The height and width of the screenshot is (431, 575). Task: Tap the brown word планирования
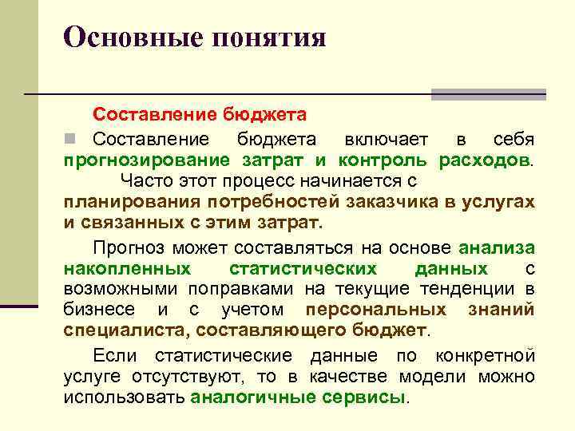[125, 202]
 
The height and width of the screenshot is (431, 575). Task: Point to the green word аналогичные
[244, 397]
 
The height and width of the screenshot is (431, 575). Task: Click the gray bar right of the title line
[488, 94]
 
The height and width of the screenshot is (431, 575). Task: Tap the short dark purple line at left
[19, 305]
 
